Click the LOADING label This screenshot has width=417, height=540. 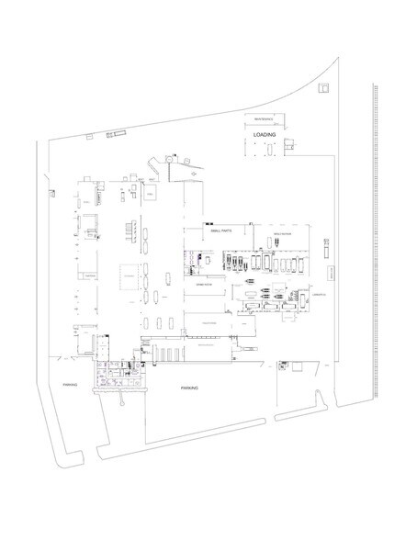pos(265,134)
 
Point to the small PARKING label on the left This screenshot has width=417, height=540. pos(69,384)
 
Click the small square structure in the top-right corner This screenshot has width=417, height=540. pos(323,88)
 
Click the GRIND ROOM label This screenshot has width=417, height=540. pos(203,286)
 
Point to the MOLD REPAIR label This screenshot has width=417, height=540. pos(281,234)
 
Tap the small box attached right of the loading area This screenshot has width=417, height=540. pos(289,143)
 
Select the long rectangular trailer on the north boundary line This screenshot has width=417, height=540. pos(117,134)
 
